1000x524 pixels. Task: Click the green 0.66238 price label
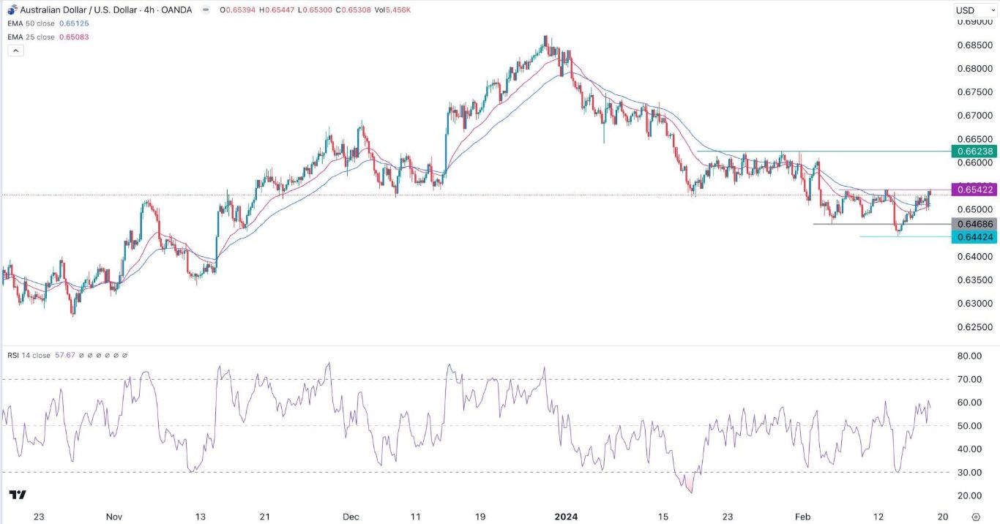coord(973,151)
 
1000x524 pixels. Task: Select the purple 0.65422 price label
coord(973,190)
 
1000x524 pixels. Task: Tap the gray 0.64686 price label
coord(973,224)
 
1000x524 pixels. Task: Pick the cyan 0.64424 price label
coord(973,236)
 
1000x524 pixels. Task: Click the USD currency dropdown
coord(971,10)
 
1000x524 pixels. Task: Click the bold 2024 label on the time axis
coord(566,516)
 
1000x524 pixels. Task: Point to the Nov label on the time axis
coord(113,516)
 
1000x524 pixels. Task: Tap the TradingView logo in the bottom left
coord(19,495)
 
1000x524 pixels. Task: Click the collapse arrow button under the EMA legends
coord(15,50)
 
